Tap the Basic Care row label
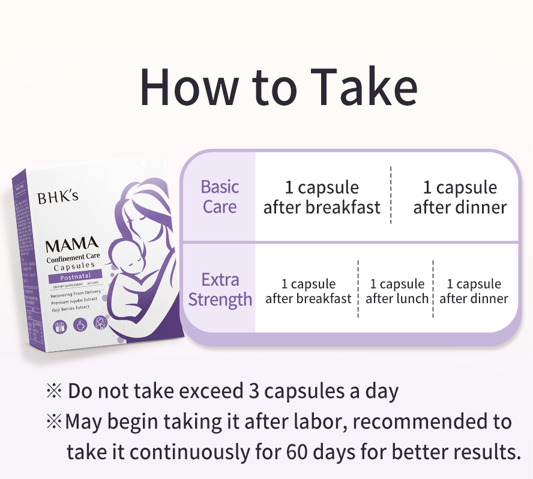[x=220, y=197]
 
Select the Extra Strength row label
[x=220, y=289]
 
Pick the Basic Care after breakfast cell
[x=322, y=197]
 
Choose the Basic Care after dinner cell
[x=460, y=197]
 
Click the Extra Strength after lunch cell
[x=397, y=291]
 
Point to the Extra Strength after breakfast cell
[x=309, y=291]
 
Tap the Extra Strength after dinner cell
[x=474, y=291]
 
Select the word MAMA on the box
[x=71, y=244]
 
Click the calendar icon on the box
[x=59, y=327]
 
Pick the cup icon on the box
[x=79, y=325]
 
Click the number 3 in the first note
[x=253, y=391]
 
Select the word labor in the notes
[x=319, y=421]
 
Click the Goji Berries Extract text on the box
[x=70, y=307]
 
